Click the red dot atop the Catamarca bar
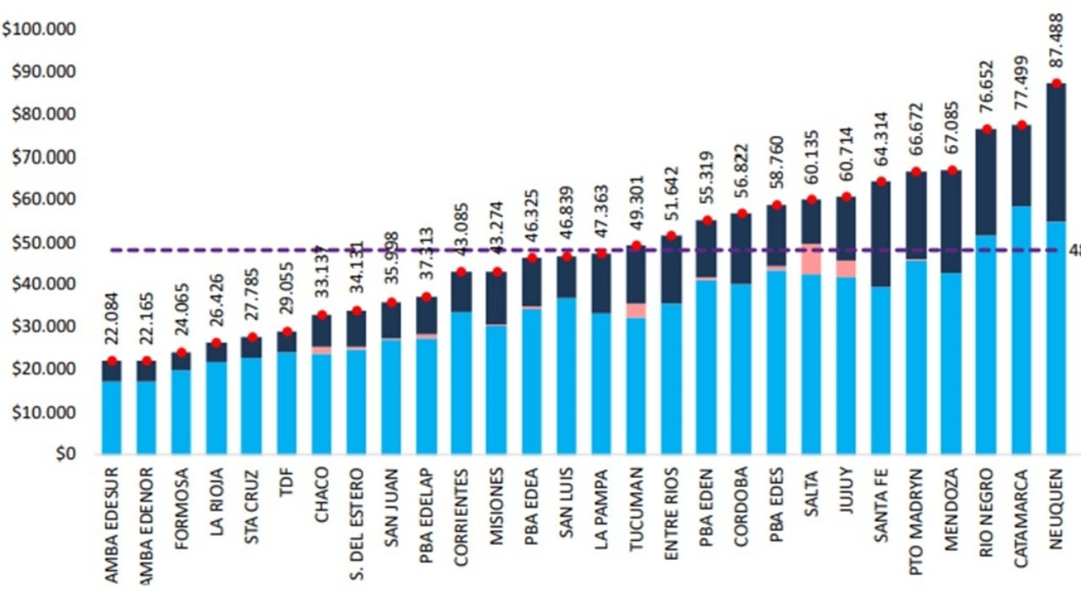pos(1021,125)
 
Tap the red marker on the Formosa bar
pos(182,352)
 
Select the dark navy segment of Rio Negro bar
pos(986,182)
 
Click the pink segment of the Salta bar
pos(812,259)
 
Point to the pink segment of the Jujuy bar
pos(846,269)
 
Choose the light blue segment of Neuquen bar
pos(1056,338)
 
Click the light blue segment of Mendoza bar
pos(951,363)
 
